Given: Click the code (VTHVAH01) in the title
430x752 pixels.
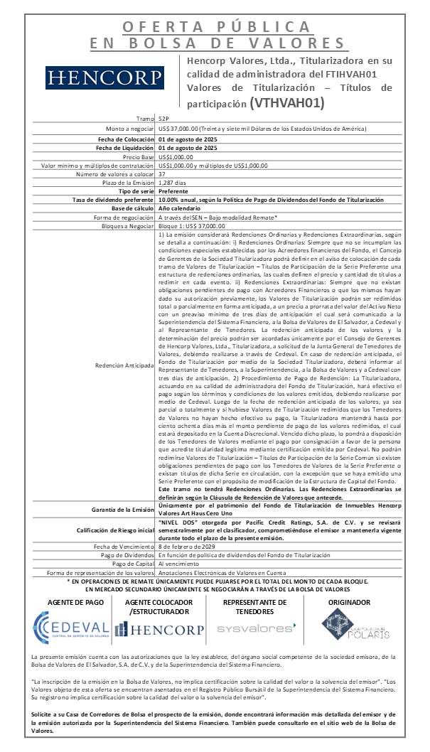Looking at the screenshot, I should [286, 102].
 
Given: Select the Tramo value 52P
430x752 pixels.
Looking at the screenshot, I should [164, 119].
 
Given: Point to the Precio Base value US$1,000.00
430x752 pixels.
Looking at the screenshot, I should [176, 156].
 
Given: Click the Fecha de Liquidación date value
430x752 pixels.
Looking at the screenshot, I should [187, 147].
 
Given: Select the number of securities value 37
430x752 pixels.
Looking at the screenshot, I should [162, 174].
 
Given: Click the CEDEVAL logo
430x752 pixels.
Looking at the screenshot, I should [71, 628].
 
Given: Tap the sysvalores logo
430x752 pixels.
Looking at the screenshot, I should [257, 629].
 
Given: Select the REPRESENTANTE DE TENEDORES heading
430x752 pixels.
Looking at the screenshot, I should [255, 606].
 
